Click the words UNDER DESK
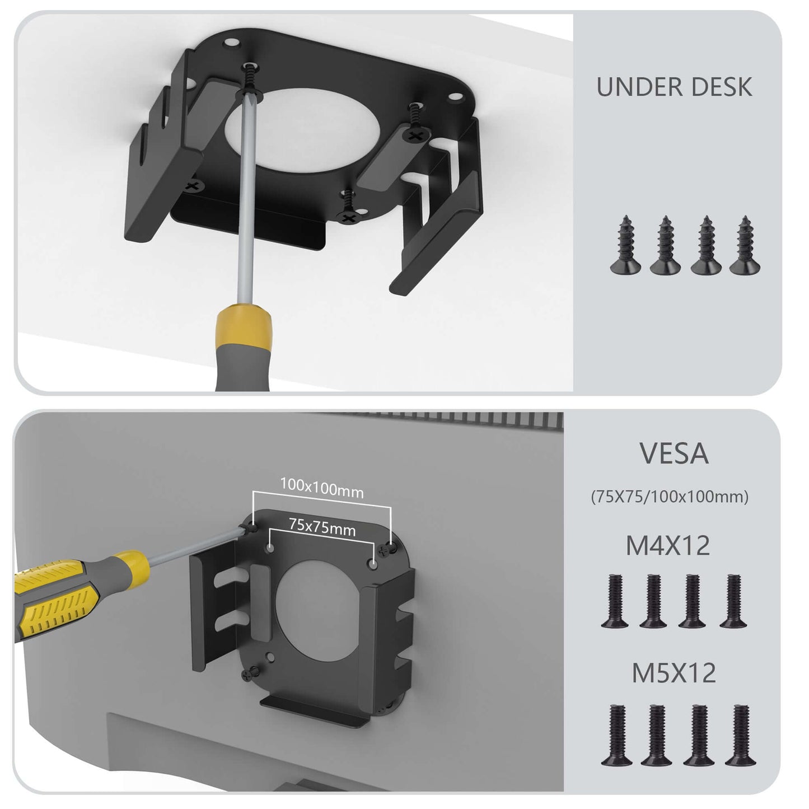pyautogui.click(x=674, y=87)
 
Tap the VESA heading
pyautogui.click(x=674, y=454)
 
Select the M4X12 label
pyautogui.click(x=667, y=546)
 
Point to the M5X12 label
pyautogui.click(x=674, y=674)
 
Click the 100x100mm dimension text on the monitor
pyautogui.click(x=321, y=488)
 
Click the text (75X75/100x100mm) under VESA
pyautogui.click(x=670, y=497)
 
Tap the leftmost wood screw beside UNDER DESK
pyautogui.click(x=625, y=246)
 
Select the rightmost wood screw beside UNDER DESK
pyautogui.click(x=745, y=246)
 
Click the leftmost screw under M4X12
pyautogui.click(x=615, y=601)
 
